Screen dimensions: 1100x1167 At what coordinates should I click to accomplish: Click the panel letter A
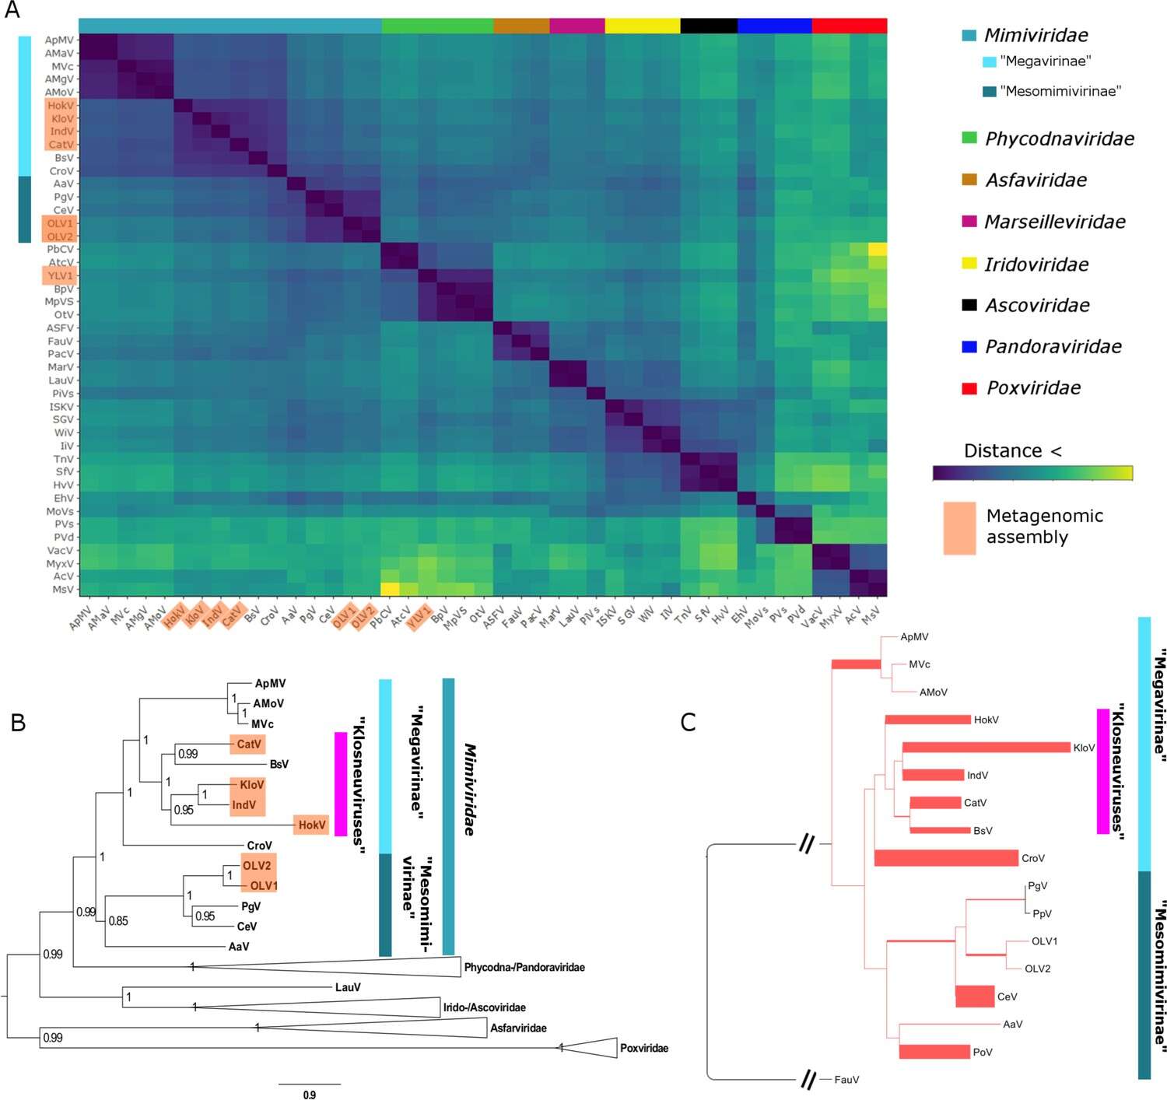coord(12,10)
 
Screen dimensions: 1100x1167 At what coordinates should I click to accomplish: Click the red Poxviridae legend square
coord(969,388)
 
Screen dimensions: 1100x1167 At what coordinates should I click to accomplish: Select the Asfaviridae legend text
coord(1036,180)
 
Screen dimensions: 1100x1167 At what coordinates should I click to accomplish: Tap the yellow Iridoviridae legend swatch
coord(969,264)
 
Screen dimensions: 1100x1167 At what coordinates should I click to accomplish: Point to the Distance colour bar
coord(1032,473)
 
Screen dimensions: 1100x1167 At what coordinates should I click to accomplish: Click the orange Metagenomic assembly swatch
coord(959,528)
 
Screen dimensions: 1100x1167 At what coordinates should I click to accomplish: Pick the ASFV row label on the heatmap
coord(60,328)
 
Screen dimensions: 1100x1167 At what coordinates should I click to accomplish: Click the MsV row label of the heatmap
coord(63,590)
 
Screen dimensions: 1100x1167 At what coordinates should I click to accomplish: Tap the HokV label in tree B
coord(311,825)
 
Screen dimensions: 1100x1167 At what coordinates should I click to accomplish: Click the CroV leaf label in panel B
coord(259,846)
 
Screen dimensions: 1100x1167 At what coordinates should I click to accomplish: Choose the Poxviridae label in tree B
coord(643,1049)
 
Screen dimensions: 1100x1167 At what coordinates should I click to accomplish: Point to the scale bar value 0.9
coord(310,1095)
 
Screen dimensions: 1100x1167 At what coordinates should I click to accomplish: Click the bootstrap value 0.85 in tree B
coord(118,921)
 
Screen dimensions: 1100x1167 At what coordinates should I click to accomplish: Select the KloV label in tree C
coord(1084,748)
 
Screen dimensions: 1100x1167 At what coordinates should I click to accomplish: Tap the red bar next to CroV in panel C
coord(946,858)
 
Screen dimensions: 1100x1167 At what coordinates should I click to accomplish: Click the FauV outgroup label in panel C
coord(846,1080)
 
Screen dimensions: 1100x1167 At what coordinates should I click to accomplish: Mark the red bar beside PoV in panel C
coord(934,1052)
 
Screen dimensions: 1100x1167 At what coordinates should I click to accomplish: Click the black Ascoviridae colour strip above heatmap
coord(709,26)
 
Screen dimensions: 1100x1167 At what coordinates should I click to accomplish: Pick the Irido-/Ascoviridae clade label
coord(484,1008)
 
